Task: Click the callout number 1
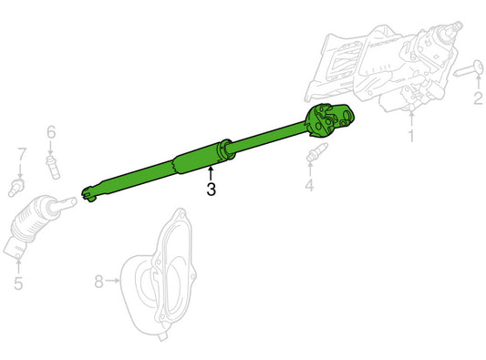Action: coord(411,136)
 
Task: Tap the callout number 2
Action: coord(478,98)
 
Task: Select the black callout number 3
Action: coord(211,190)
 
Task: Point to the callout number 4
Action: coord(309,185)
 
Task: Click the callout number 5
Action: coord(18,283)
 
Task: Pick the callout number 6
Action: coord(51,132)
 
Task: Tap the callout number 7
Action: coord(21,154)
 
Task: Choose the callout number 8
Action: coord(98,282)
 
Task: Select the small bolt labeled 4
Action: coord(315,152)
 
